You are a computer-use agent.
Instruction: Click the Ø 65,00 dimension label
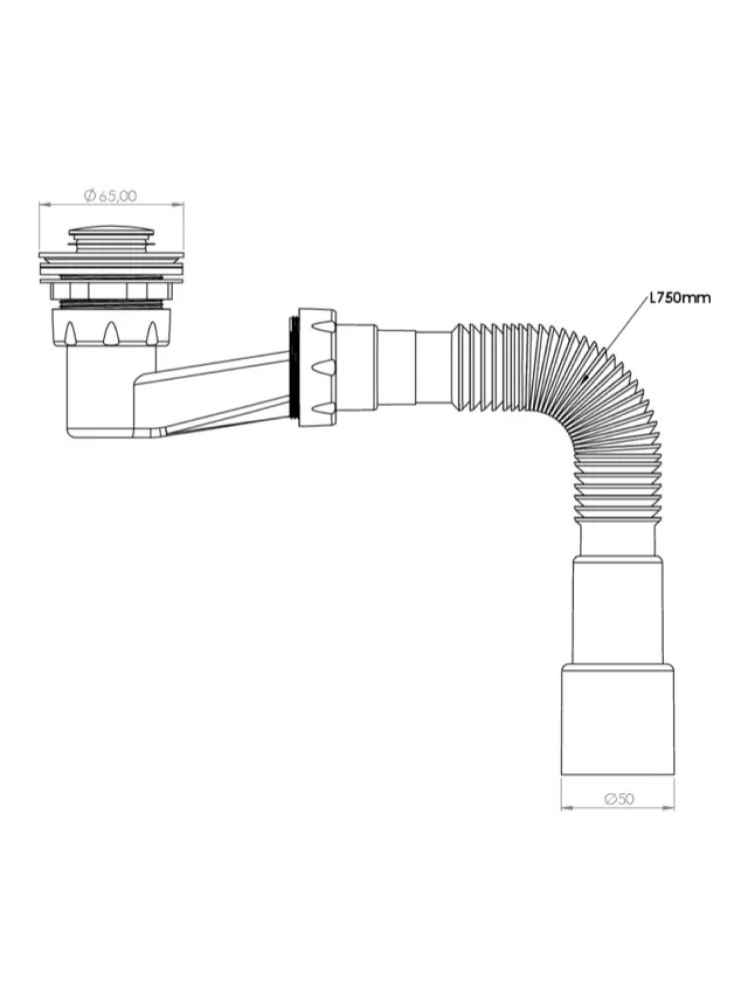[110, 196]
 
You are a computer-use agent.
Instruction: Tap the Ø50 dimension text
[618, 798]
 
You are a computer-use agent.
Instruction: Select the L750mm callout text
[680, 298]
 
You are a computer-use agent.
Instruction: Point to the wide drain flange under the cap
[112, 260]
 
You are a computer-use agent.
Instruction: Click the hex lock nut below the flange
[112, 291]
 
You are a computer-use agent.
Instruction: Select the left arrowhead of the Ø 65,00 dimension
[43, 205]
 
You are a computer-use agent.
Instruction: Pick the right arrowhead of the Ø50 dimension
[670, 809]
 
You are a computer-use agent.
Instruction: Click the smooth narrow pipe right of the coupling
[414, 367]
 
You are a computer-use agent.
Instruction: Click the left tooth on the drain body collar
[70, 334]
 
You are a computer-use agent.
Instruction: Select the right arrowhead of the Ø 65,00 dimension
[180, 205]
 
